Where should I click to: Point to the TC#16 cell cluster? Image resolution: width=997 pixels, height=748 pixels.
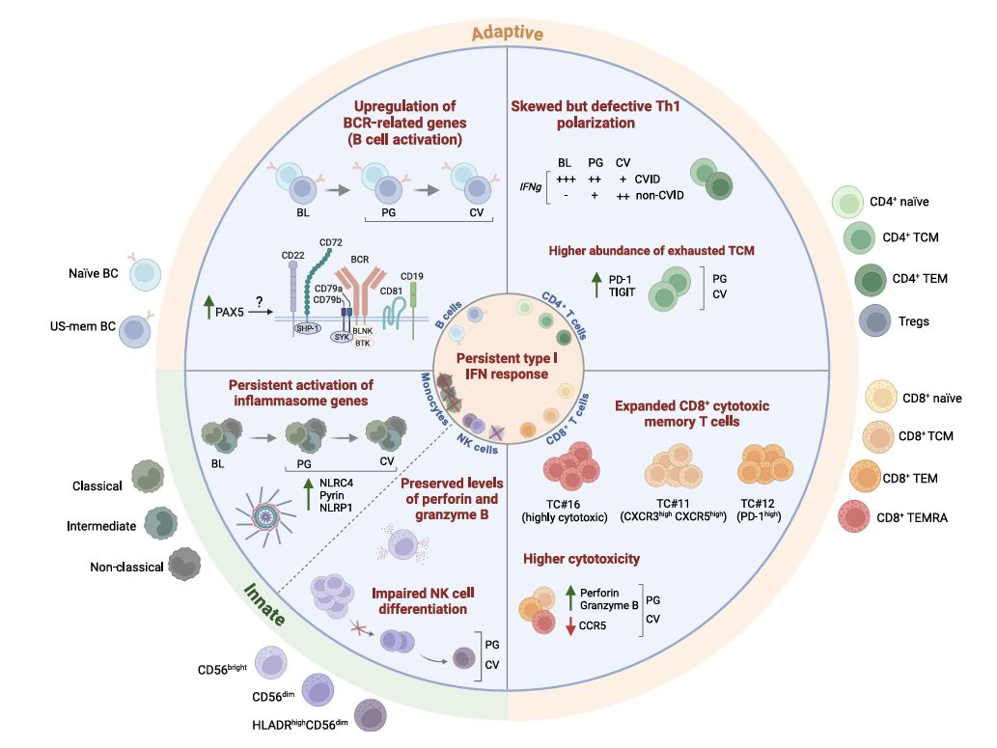coord(576,468)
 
